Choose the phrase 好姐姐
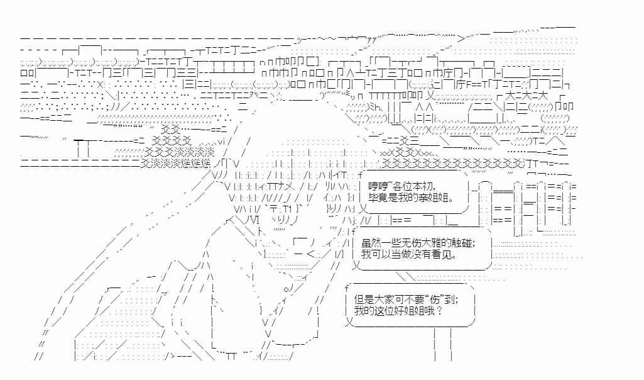(x=413, y=311)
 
